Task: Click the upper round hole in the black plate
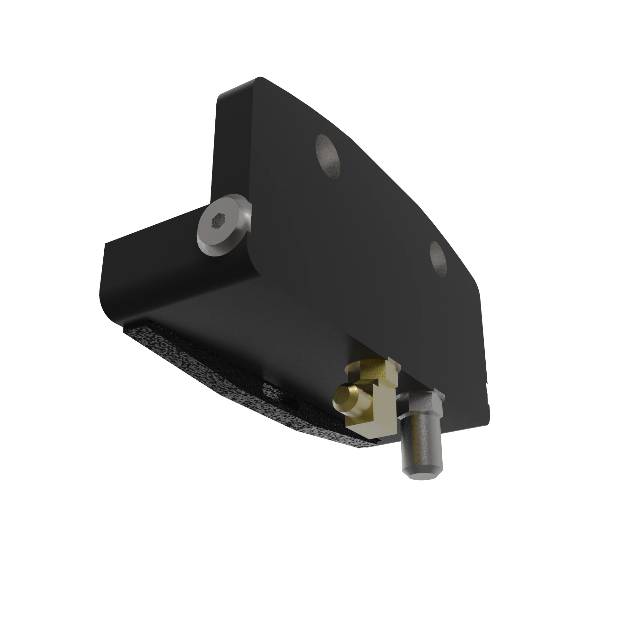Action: pyautogui.click(x=328, y=156)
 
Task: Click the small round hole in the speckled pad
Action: pyautogui.click(x=273, y=391)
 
